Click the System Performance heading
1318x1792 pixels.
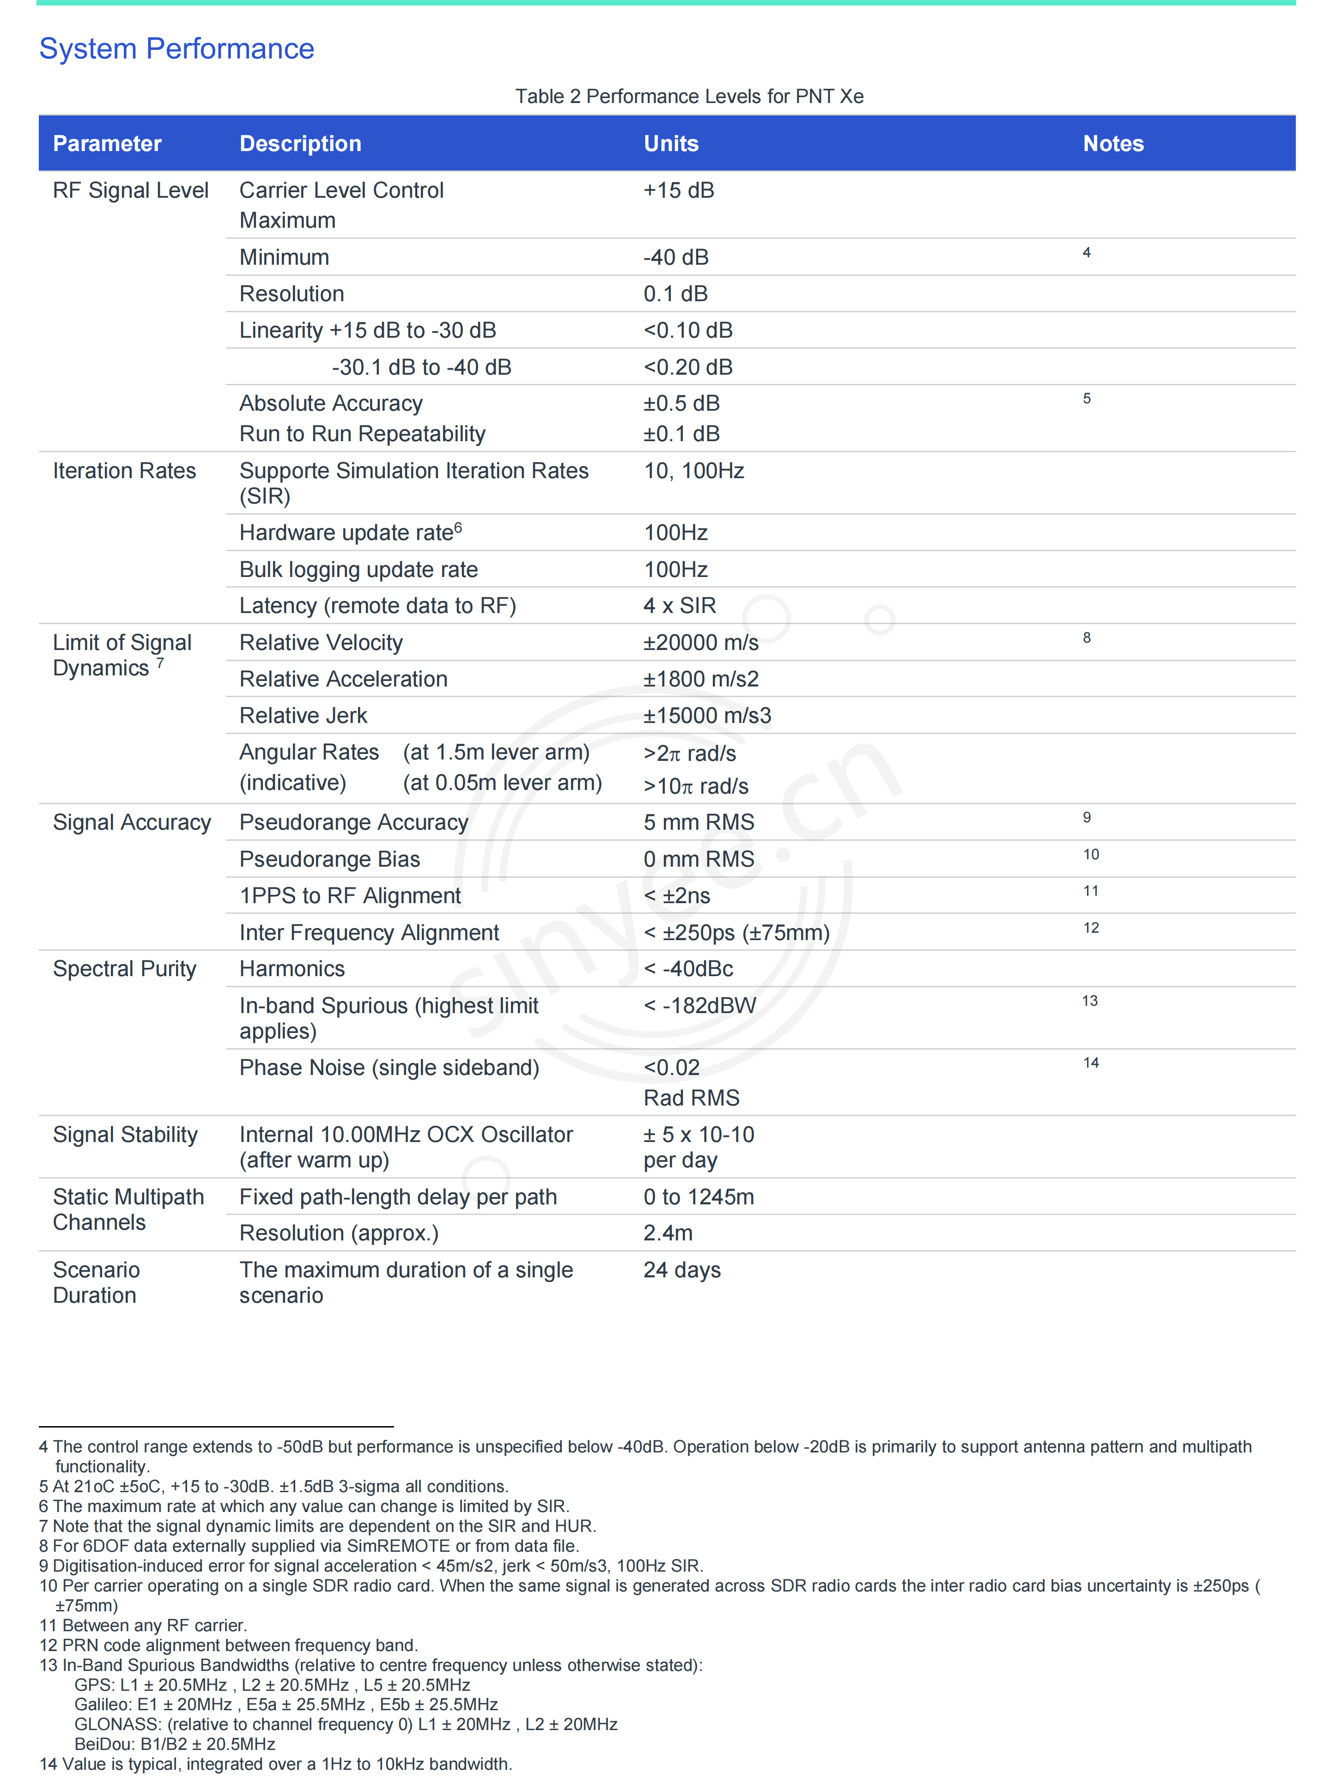[176, 49]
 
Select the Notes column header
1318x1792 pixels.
[1113, 144]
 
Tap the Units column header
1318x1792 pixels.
[671, 144]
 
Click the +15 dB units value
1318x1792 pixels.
[679, 191]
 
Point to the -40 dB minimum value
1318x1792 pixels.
[676, 257]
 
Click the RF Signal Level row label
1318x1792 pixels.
[131, 191]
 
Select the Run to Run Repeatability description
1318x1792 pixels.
[362, 434]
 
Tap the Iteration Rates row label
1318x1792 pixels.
[124, 471]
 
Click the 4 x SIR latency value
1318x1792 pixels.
[680, 606]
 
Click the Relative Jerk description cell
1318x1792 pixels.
[303, 716]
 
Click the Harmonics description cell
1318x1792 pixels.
[292, 969]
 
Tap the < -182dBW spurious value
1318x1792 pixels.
[700, 1005]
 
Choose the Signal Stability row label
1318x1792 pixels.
[125, 1135]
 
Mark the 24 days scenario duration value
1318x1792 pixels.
[682, 1270]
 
